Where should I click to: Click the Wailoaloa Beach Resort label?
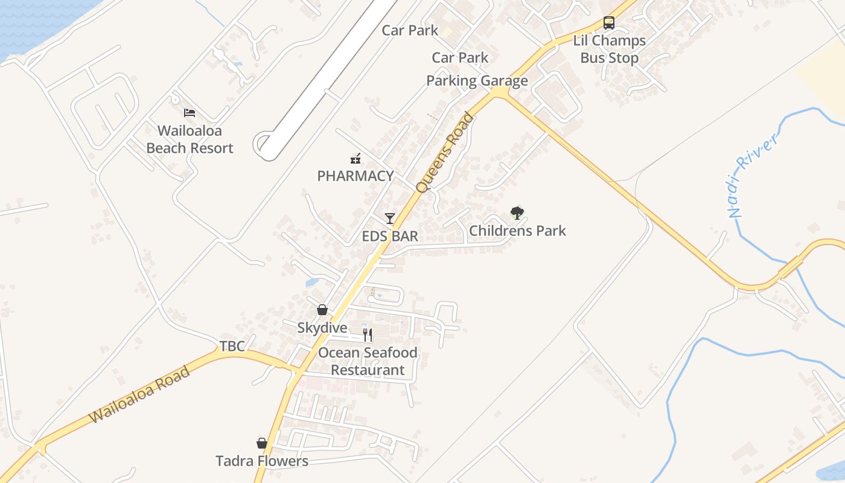point(190,139)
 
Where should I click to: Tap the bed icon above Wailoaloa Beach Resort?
point(190,112)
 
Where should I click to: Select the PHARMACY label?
point(356,176)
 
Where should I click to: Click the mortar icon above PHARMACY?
point(356,159)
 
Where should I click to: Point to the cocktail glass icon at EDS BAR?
point(390,218)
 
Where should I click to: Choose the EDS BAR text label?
point(390,236)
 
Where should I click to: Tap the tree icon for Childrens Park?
point(517,213)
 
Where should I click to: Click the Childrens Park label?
point(517,231)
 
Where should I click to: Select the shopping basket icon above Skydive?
point(322,310)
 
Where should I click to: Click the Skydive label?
point(322,328)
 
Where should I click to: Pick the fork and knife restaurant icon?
point(368,334)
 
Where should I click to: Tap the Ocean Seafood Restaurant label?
point(368,361)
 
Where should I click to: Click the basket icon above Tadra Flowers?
point(262,443)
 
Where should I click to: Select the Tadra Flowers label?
point(262,461)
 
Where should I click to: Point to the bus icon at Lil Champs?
point(609,23)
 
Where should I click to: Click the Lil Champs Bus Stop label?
point(609,50)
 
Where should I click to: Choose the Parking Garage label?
point(477,81)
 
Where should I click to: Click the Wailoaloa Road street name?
point(140,394)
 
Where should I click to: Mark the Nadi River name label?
point(751,175)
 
